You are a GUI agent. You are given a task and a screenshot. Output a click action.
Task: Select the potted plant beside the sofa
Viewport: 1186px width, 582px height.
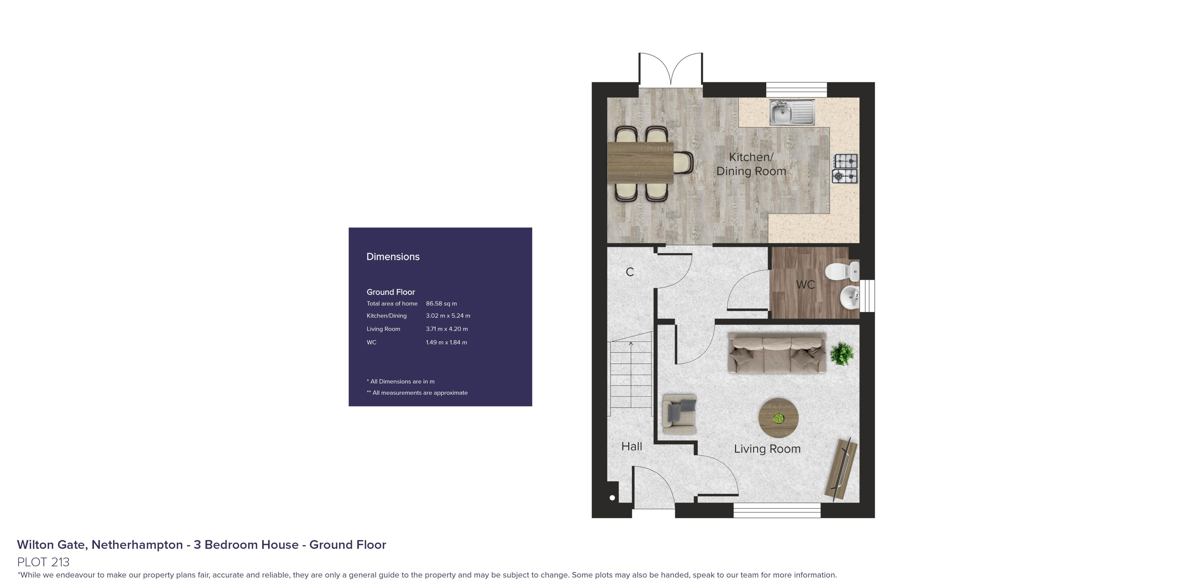pos(842,353)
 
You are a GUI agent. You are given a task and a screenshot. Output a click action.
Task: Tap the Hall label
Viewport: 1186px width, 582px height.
pos(632,446)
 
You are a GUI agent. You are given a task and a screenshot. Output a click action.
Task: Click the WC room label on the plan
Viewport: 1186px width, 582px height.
pos(805,285)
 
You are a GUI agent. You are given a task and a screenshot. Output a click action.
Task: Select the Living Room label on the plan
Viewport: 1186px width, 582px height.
pos(767,449)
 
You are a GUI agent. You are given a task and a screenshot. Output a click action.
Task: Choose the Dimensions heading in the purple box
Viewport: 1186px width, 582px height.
pos(393,257)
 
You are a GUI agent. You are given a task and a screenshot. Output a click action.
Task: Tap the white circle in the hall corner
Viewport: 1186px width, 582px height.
pos(612,497)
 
